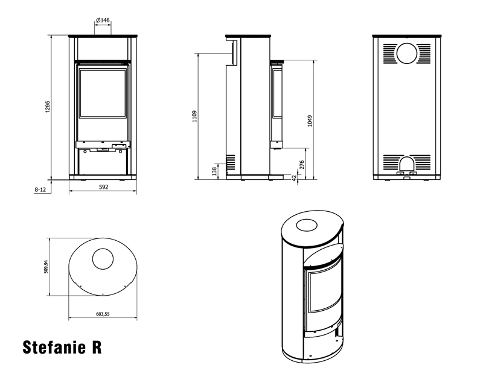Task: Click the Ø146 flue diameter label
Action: pos(103,21)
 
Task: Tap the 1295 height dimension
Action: pos(48,107)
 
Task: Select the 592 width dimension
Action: pos(103,187)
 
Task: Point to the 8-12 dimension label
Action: pos(40,189)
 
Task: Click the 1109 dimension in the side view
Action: pos(194,116)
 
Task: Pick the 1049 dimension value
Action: pos(310,121)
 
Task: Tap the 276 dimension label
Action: pos(302,165)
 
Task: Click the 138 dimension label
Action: pos(214,171)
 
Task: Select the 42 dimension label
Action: pos(294,178)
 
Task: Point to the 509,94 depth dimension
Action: pos(46,267)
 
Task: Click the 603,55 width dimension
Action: pos(103,314)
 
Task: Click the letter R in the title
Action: pos(97,347)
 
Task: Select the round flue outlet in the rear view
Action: pos(407,53)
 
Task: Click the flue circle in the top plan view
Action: pos(103,259)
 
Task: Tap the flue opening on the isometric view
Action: pos(307,225)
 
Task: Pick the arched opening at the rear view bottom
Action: pos(407,164)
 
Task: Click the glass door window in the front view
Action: pos(103,93)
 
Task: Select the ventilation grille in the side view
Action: pos(231,162)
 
